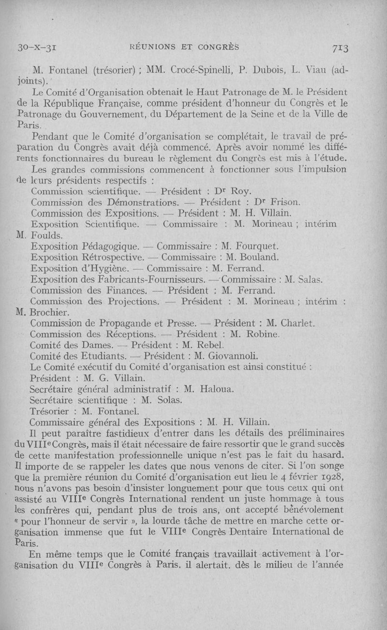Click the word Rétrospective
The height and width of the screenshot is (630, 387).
pyautogui.click(x=113, y=258)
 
